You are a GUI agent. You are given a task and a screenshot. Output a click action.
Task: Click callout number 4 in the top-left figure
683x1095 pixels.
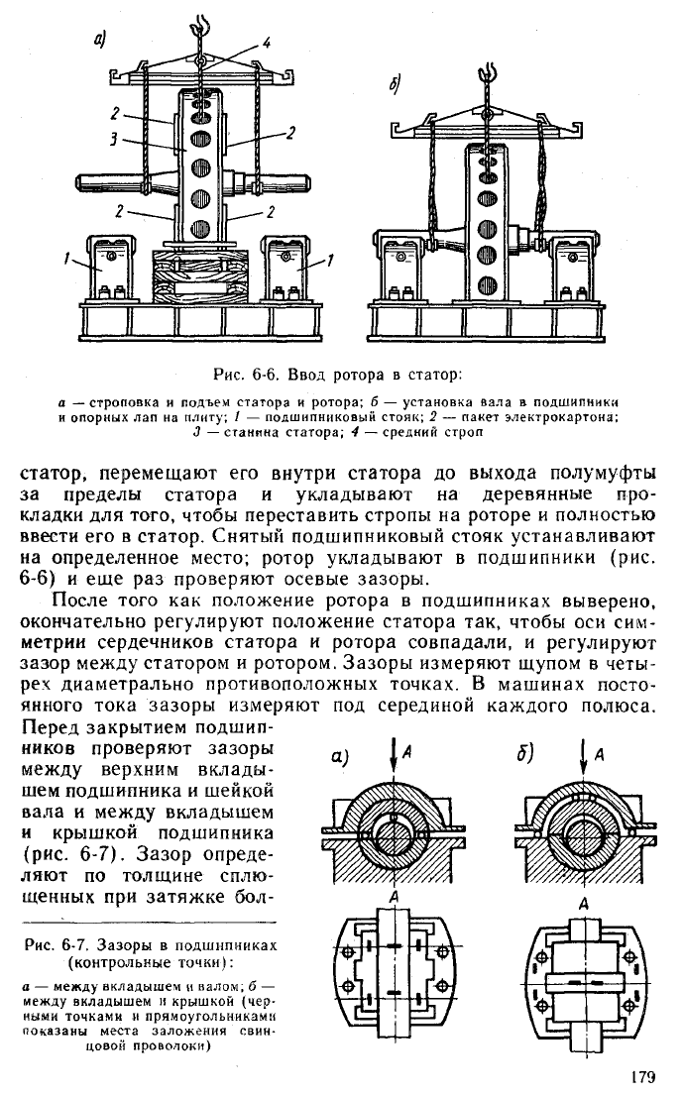(x=266, y=43)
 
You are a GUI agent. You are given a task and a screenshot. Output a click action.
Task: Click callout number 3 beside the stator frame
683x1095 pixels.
(x=114, y=140)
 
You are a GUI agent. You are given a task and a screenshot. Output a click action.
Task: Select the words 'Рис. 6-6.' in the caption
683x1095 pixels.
(x=242, y=375)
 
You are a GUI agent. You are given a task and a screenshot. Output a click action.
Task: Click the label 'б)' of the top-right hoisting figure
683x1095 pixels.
(x=395, y=85)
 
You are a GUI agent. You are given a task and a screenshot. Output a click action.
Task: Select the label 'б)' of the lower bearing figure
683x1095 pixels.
(x=525, y=755)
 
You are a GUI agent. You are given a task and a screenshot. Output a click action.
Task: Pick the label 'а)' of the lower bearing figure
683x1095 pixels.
(x=340, y=757)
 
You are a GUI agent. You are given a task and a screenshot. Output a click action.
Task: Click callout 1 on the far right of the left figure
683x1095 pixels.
(x=330, y=260)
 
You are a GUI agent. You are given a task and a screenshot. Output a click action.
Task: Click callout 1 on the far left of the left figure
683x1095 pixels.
(x=67, y=260)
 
